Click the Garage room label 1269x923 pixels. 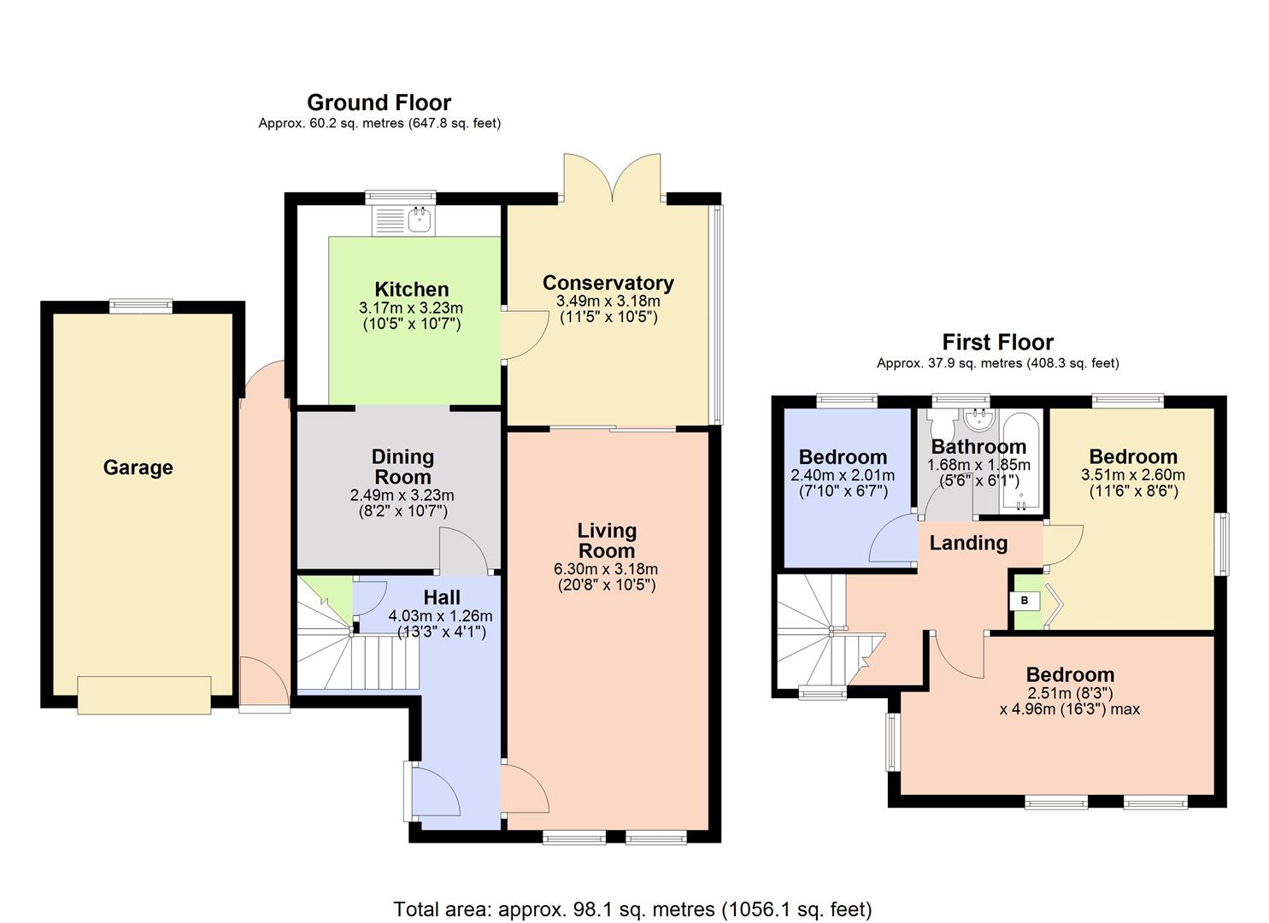pos(138,467)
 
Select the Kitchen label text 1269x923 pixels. pos(411,290)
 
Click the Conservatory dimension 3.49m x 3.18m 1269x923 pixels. pos(608,301)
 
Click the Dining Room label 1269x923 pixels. pos(402,467)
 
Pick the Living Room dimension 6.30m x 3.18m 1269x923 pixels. pos(606,569)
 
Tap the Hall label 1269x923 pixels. pos(441,597)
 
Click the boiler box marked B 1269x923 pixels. pos(1025,601)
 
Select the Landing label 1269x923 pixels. pos(968,543)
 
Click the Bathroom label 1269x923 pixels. pos(978,446)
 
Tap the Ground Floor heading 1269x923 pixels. pos(379,103)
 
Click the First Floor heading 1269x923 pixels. pos(997,343)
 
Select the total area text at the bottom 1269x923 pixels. pos(632,908)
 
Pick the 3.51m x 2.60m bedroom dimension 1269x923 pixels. pos(1133,475)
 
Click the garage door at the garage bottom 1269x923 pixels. pos(144,695)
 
